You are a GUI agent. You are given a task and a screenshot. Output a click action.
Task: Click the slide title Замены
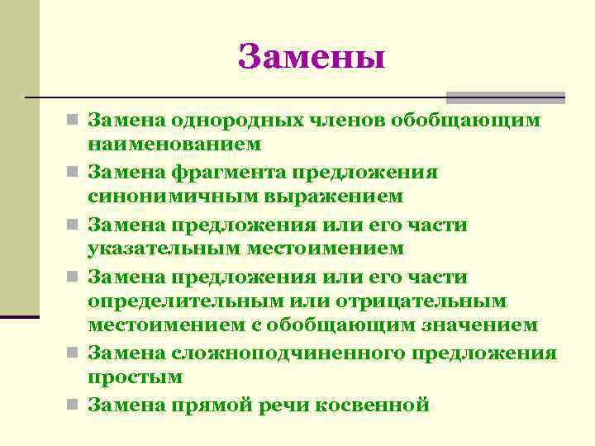(x=311, y=56)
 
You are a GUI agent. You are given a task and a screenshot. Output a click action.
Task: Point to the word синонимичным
(x=159, y=197)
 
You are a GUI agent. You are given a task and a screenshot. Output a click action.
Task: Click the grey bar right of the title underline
(x=506, y=97)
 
